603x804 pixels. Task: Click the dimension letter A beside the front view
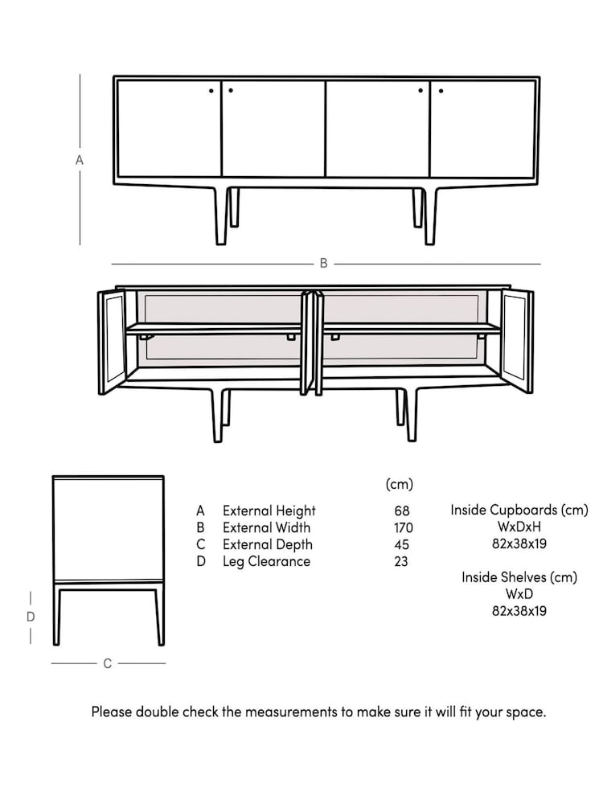tap(80, 160)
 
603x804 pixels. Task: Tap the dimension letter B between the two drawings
tap(323, 264)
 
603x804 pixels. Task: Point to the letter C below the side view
tap(107, 663)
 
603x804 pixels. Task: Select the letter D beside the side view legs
tap(31, 617)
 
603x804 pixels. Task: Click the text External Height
tap(269, 511)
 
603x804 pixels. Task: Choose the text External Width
tap(266, 527)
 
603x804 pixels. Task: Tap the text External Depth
tap(268, 544)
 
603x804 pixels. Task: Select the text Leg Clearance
tap(266, 561)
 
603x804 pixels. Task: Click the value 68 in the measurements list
tap(401, 511)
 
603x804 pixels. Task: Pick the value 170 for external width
tap(402, 527)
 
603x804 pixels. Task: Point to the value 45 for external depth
tap(401, 544)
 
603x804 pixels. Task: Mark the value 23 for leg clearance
tap(401, 561)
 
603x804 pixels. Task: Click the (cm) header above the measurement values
tap(400, 484)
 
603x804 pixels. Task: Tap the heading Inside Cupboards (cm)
tap(519, 510)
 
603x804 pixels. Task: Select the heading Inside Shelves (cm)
tap(519, 577)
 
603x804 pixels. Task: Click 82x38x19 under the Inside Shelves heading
tap(519, 611)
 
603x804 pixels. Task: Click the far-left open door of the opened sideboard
tap(111, 342)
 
